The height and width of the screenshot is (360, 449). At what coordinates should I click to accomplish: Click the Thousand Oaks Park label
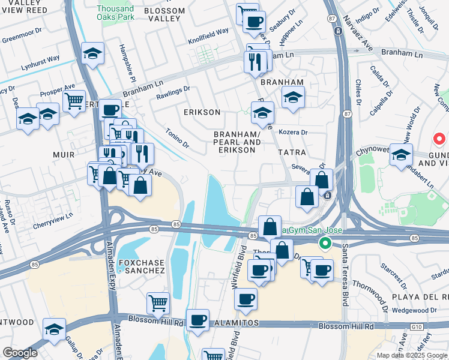[115, 13]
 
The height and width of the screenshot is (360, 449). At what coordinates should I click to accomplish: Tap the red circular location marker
[439, 139]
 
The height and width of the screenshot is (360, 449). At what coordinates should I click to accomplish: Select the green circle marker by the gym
[325, 243]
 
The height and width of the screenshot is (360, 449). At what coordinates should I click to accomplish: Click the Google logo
[20, 353]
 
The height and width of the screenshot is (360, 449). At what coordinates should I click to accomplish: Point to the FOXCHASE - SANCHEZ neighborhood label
[141, 266]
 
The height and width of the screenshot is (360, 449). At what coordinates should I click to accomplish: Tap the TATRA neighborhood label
[292, 152]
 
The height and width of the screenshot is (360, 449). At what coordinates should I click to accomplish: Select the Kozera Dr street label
[294, 132]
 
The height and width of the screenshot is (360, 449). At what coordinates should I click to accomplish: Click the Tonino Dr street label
[177, 140]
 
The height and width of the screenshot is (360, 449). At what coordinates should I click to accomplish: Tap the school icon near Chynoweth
[400, 154]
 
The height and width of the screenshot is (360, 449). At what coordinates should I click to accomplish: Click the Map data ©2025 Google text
[411, 355]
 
